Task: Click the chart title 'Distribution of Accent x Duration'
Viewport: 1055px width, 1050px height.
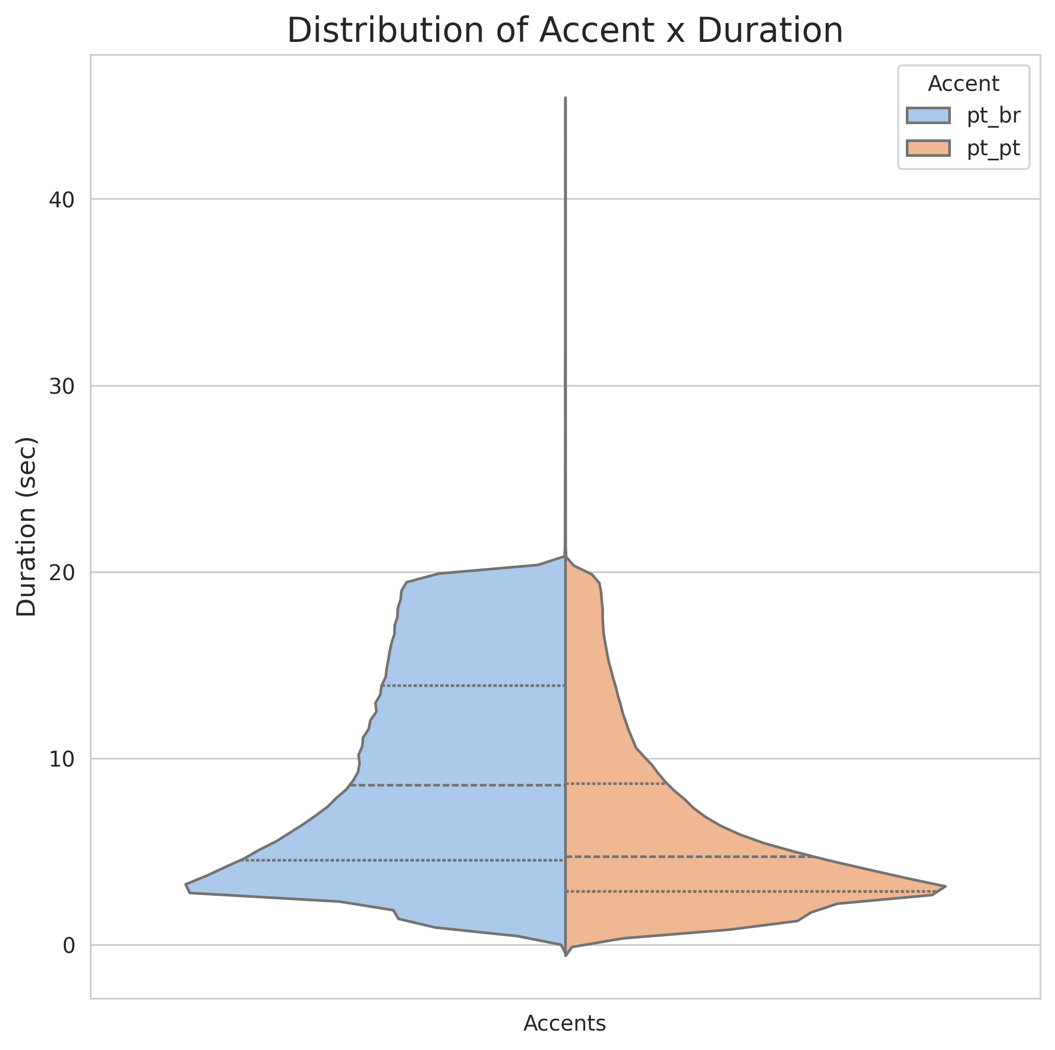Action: click(x=565, y=31)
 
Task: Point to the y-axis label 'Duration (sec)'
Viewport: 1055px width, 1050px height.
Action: click(x=27, y=527)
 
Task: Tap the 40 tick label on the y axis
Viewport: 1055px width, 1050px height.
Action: click(x=61, y=200)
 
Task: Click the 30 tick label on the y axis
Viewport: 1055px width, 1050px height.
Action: click(x=61, y=387)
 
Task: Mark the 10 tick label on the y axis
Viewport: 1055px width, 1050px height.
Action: click(x=61, y=759)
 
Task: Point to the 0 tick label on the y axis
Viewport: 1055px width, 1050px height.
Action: click(x=69, y=945)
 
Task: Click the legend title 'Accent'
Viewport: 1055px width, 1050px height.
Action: click(x=963, y=84)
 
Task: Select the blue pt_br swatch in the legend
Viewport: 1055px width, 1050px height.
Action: click(x=928, y=116)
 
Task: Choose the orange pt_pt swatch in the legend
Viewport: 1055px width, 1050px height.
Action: click(x=928, y=148)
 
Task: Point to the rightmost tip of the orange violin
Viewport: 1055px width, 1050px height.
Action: click(x=945, y=886)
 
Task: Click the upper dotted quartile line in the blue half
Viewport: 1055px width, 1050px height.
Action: click(x=473, y=685)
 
